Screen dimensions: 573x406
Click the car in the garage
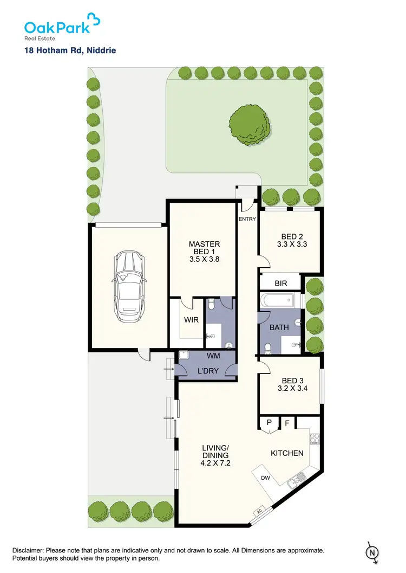[x=129, y=283]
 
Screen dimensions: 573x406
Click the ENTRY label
[x=247, y=219]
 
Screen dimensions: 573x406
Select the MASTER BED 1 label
[x=204, y=252]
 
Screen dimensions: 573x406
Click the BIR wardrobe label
[x=280, y=284]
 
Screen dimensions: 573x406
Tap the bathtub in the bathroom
[x=279, y=300]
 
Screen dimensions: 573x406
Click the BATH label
[x=279, y=327]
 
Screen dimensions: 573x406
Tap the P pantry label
[x=269, y=423]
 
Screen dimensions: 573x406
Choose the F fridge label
[x=287, y=423]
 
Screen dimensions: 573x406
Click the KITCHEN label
[x=287, y=453]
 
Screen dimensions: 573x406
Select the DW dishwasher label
[x=265, y=478]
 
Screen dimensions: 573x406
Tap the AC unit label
[x=260, y=511]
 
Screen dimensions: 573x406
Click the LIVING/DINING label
[x=215, y=455]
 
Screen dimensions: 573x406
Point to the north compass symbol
[x=372, y=551]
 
